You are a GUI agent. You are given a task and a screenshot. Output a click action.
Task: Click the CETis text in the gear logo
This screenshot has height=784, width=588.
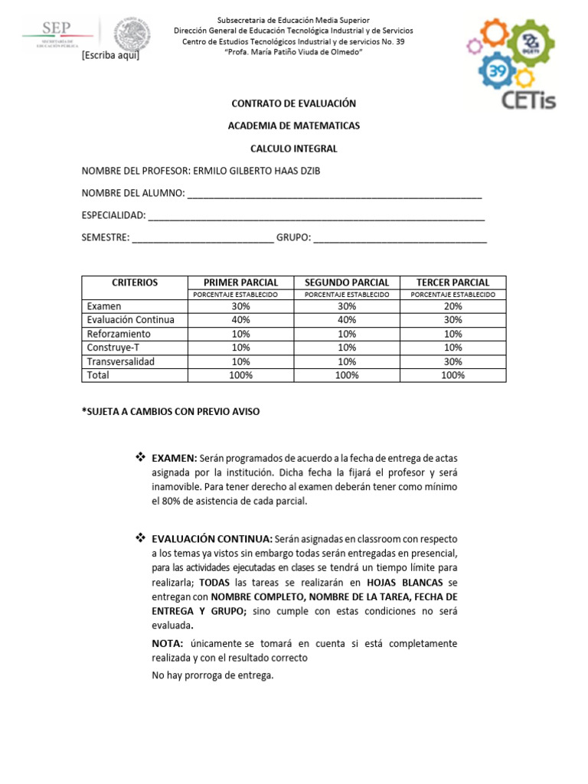point(518,99)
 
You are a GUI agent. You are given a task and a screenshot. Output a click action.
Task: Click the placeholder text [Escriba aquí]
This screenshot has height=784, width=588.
point(110,56)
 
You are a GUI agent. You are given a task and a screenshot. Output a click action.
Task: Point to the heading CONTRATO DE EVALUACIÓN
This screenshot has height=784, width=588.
point(294,103)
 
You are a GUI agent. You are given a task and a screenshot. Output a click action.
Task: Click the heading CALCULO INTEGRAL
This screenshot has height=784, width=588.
point(294,149)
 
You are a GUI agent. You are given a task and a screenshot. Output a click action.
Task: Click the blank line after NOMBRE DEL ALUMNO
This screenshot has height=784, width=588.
point(335,194)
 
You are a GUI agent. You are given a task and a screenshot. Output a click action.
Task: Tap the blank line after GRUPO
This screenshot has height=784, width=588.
point(400,238)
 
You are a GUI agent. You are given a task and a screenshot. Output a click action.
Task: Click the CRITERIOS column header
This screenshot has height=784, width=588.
point(134,283)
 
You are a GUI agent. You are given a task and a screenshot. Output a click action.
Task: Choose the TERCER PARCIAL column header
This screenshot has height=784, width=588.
point(453,283)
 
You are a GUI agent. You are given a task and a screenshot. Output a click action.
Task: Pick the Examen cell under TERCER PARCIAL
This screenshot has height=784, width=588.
point(453,306)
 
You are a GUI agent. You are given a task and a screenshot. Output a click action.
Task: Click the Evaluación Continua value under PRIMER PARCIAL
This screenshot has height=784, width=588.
point(240,320)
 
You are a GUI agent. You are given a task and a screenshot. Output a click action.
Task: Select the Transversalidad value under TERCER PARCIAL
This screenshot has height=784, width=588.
point(453,361)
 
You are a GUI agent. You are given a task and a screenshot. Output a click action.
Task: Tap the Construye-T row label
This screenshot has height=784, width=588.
point(113,348)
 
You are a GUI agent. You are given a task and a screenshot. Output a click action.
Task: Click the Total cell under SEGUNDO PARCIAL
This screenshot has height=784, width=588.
point(347,375)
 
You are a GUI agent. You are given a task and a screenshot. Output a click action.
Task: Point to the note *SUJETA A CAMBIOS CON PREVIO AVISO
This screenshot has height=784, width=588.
point(171,412)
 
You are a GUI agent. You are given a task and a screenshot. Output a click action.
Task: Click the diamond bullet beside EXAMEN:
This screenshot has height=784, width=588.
point(140,457)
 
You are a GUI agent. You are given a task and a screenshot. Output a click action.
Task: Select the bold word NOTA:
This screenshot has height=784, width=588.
point(168,643)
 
